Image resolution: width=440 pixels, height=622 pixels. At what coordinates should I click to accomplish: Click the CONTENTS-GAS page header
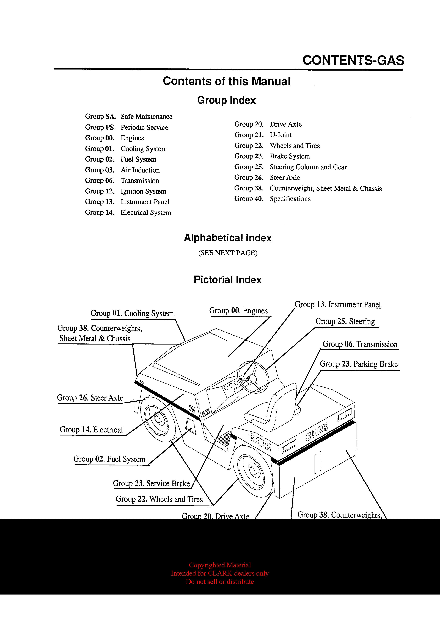353,60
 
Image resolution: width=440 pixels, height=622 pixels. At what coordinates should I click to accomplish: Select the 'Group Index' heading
226,100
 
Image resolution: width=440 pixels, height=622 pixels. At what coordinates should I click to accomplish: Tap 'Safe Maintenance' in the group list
146,117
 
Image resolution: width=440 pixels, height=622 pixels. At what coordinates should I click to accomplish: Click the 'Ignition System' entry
143,191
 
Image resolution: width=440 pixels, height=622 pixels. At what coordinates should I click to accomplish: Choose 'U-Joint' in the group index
281,135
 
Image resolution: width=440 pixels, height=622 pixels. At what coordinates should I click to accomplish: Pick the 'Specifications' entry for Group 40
290,199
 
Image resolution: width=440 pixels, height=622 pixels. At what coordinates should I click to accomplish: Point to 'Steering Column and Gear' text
308,167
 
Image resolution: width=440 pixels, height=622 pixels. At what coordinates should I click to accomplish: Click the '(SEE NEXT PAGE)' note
228,253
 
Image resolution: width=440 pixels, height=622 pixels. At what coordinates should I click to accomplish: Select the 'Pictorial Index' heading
227,280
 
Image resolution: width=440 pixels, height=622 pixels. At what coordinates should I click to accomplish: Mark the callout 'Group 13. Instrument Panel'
338,305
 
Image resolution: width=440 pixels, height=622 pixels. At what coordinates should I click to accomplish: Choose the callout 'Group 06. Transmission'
360,344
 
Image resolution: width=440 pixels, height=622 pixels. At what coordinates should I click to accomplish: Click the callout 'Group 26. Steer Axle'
90,398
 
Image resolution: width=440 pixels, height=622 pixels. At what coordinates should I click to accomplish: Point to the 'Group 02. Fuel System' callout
109,459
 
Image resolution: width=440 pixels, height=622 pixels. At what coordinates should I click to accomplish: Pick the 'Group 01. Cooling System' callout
132,313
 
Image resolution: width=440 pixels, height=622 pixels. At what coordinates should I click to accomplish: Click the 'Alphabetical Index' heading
228,238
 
